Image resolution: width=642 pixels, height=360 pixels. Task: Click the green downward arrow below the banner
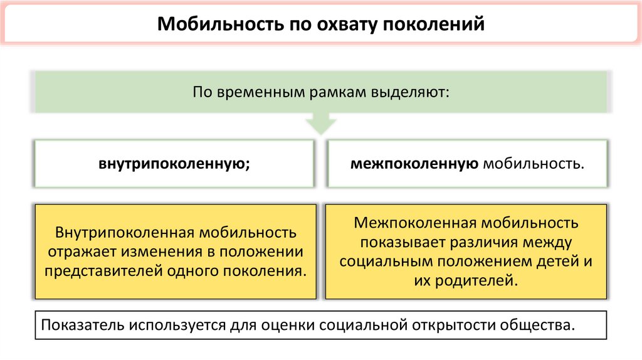[x=320, y=124]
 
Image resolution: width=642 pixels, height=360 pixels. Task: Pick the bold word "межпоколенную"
[x=414, y=164]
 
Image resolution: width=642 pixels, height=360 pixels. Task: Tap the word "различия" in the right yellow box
[x=477, y=242]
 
